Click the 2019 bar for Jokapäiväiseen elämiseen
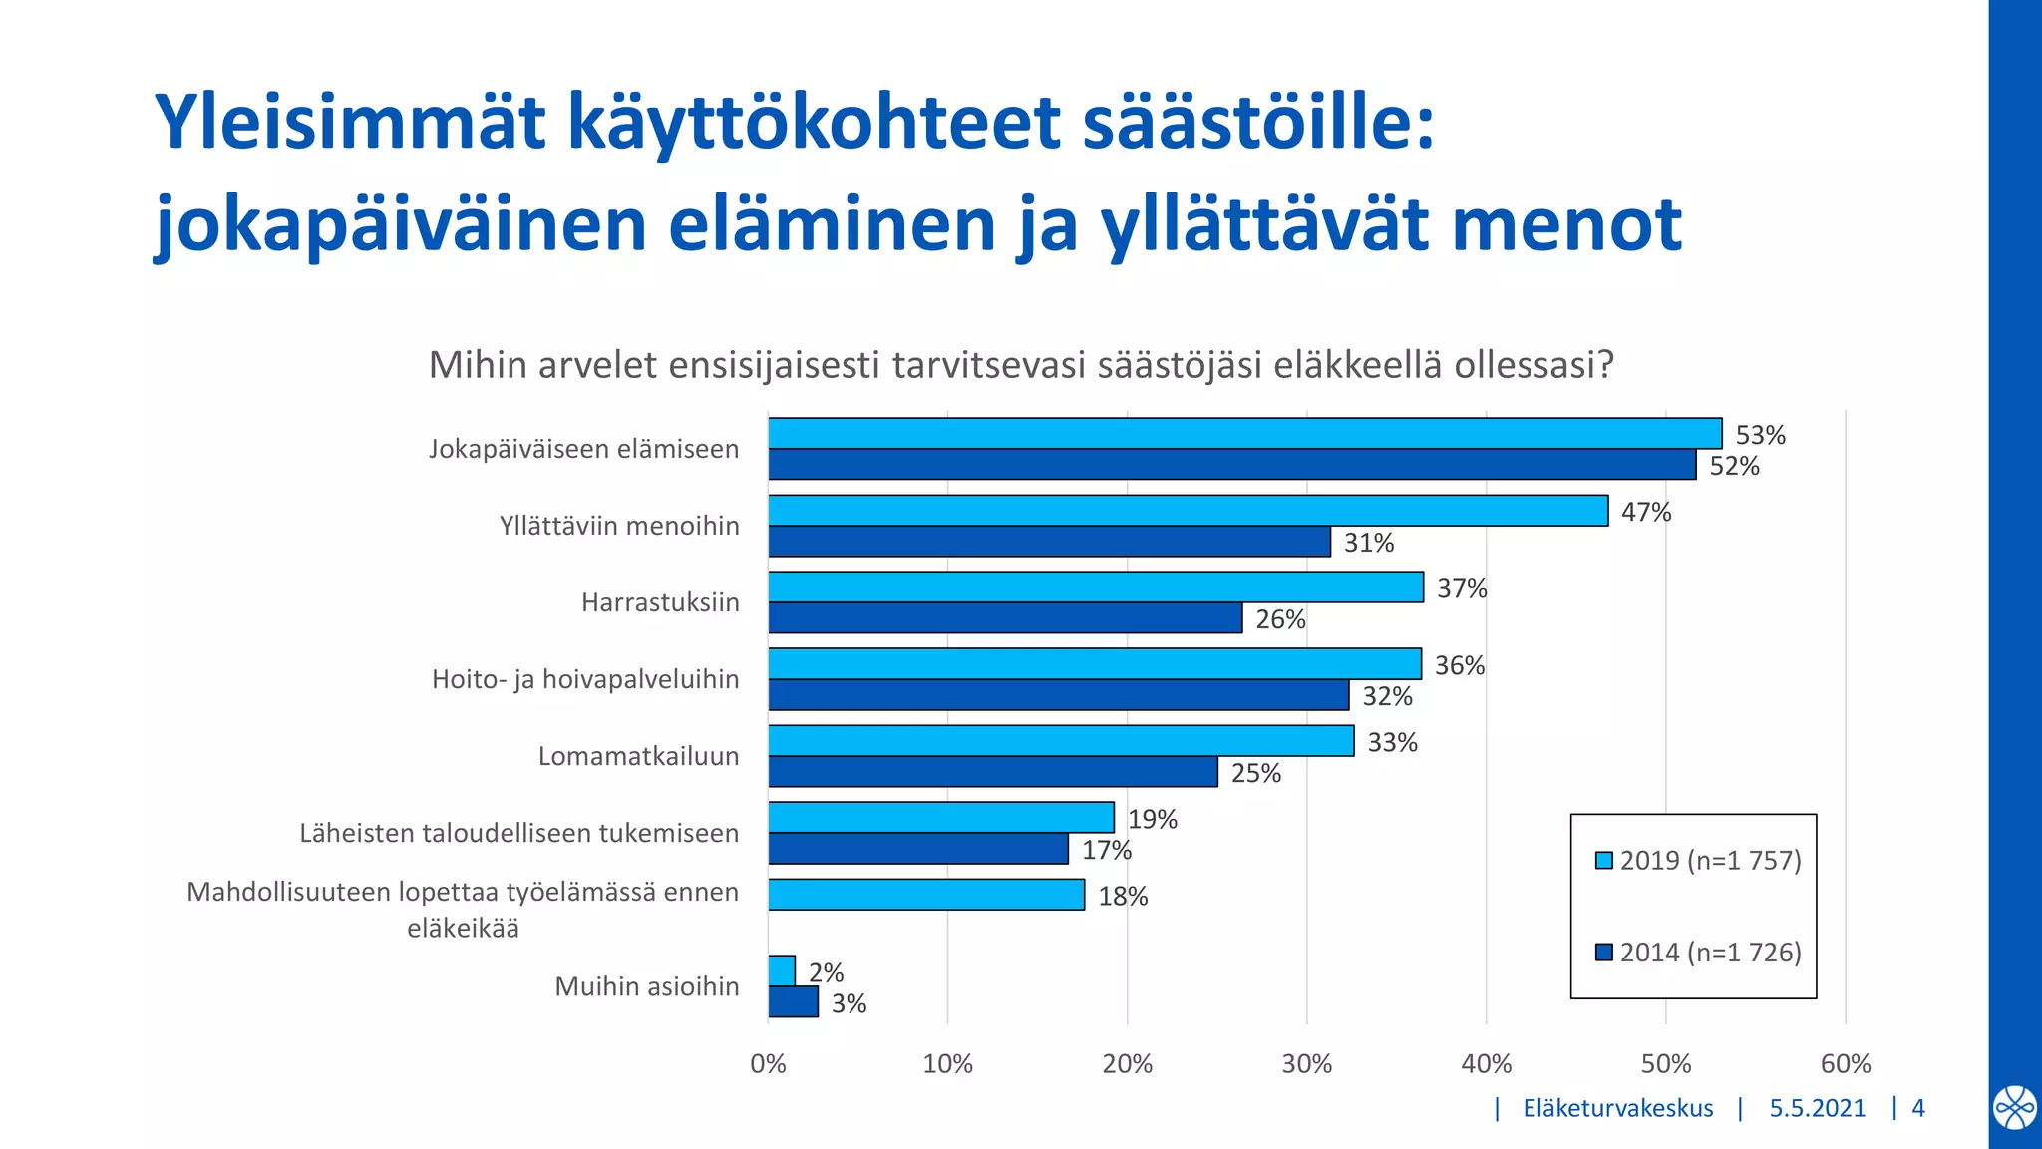[x=1244, y=433]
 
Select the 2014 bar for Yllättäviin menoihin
[x=1049, y=542]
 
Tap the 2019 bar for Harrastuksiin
[x=1095, y=587]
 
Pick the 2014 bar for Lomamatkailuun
[x=992, y=772]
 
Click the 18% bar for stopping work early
[x=925, y=895]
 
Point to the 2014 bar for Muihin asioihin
[x=793, y=1002]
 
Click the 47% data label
[x=1645, y=512]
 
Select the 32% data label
[x=1387, y=696]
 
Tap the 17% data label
[x=1106, y=850]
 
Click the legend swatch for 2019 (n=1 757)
[x=1603, y=860]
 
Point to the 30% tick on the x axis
[x=1306, y=1064]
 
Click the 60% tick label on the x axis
[x=1845, y=1064]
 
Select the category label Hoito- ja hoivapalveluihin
[x=585, y=679]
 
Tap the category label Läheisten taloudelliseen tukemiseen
[x=518, y=833]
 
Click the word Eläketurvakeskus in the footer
[x=1617, y=1108]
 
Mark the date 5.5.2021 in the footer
[x=1817, y=1108]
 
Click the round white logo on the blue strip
[x=2014, y=1108]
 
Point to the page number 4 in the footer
[x=1917, y=1108]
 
